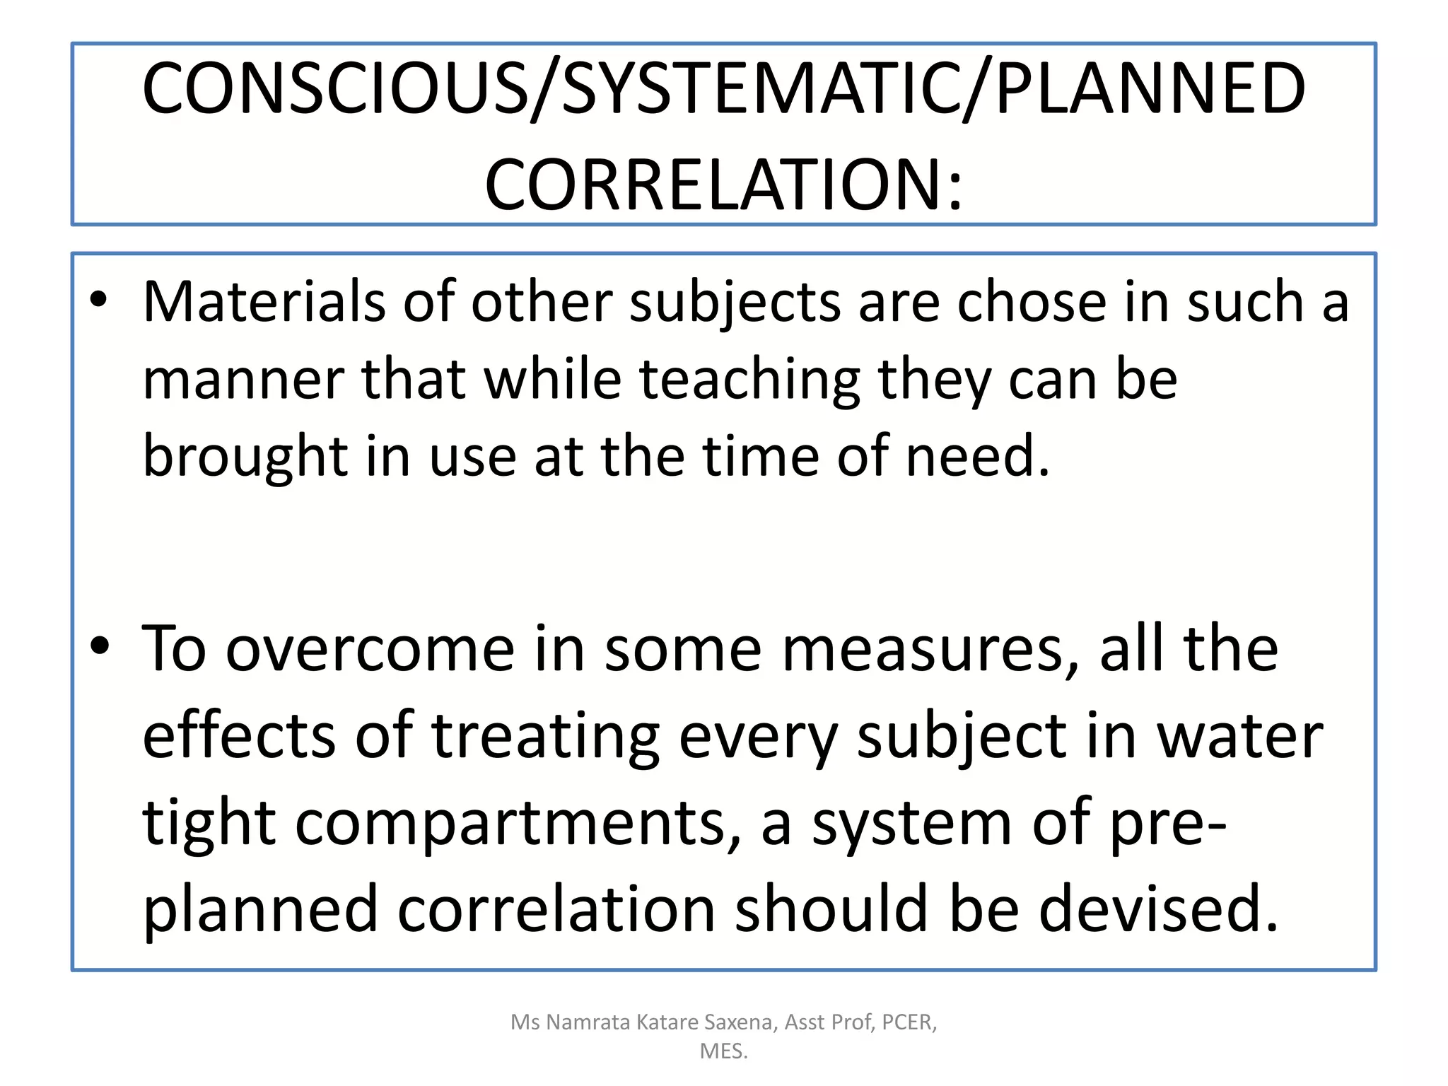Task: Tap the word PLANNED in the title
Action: click(x=1150, y=89)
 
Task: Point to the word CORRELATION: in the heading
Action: click(x=723, y=185)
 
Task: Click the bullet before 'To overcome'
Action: click(x=100, y=646)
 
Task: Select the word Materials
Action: click(x=264, y=303)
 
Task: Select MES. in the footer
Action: click(x=723, y=1051)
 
